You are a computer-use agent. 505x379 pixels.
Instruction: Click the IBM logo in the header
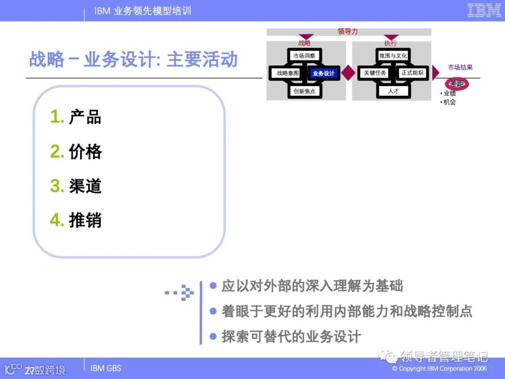click(x=484, y=10)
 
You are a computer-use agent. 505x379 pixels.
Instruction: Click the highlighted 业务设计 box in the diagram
click(x=323, y=73)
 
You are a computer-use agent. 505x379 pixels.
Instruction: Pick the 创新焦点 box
click(x=304, y=91)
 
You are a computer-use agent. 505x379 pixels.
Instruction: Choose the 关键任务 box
click(x=375, y=73)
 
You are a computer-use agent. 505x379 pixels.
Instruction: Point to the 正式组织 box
click(x=412, y=73)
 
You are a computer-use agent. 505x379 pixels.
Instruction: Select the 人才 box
click(x=393, y=91)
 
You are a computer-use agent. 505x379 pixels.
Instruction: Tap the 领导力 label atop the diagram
click(x=347, y=32)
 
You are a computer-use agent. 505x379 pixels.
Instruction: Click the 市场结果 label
click(x=460, y=67)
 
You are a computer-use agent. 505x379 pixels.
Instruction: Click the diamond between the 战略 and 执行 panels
click(x=348, y=73)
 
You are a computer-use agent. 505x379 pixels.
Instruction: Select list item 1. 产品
click(x=76, y=117)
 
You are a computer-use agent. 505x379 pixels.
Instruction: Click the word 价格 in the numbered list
click(x=86, y=152)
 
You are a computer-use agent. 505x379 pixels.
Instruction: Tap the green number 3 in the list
click(x=57, y=186)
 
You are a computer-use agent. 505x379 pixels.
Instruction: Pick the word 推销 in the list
click(x=86, y=220)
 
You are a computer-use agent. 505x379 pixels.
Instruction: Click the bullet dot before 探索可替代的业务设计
click(x=213, y=335)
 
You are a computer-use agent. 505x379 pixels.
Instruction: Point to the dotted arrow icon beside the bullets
click(x=180, y=293)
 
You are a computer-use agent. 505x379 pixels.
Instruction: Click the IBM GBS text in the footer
click(x=105, y=368)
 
